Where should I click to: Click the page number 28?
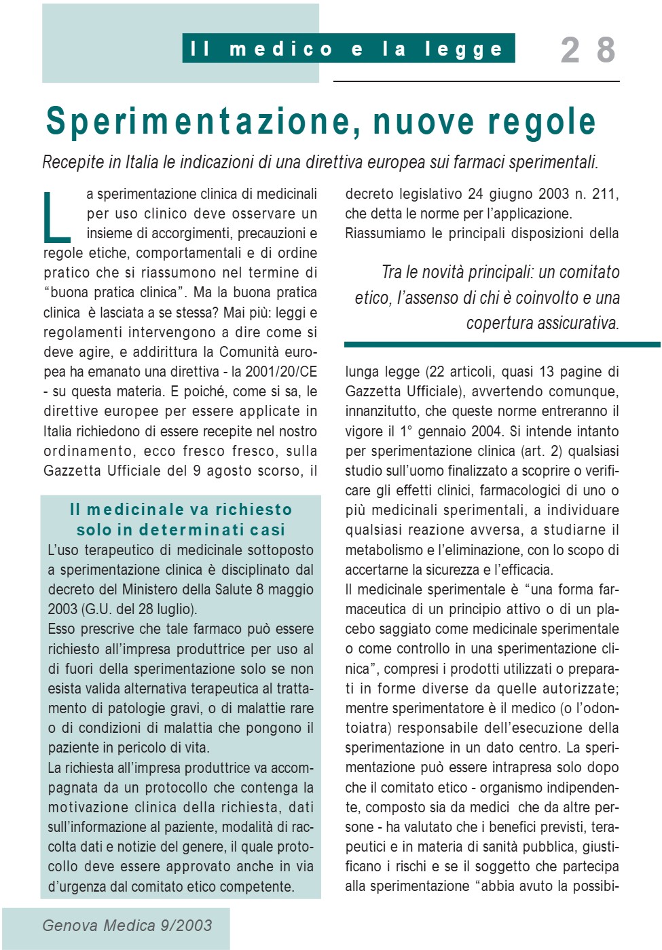[x=588, y=50]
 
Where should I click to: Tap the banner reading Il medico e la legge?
[x=348, y=49]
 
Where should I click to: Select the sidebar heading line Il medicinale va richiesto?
[x=181, y=510]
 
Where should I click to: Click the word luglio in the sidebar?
[x=174, y=609]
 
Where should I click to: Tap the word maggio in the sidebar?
[x=291, y=590]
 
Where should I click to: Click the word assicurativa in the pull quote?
[x=576, y=323]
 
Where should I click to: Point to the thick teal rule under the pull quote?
[x=502, y=345]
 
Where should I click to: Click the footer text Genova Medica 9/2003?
[x=127, y=926]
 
